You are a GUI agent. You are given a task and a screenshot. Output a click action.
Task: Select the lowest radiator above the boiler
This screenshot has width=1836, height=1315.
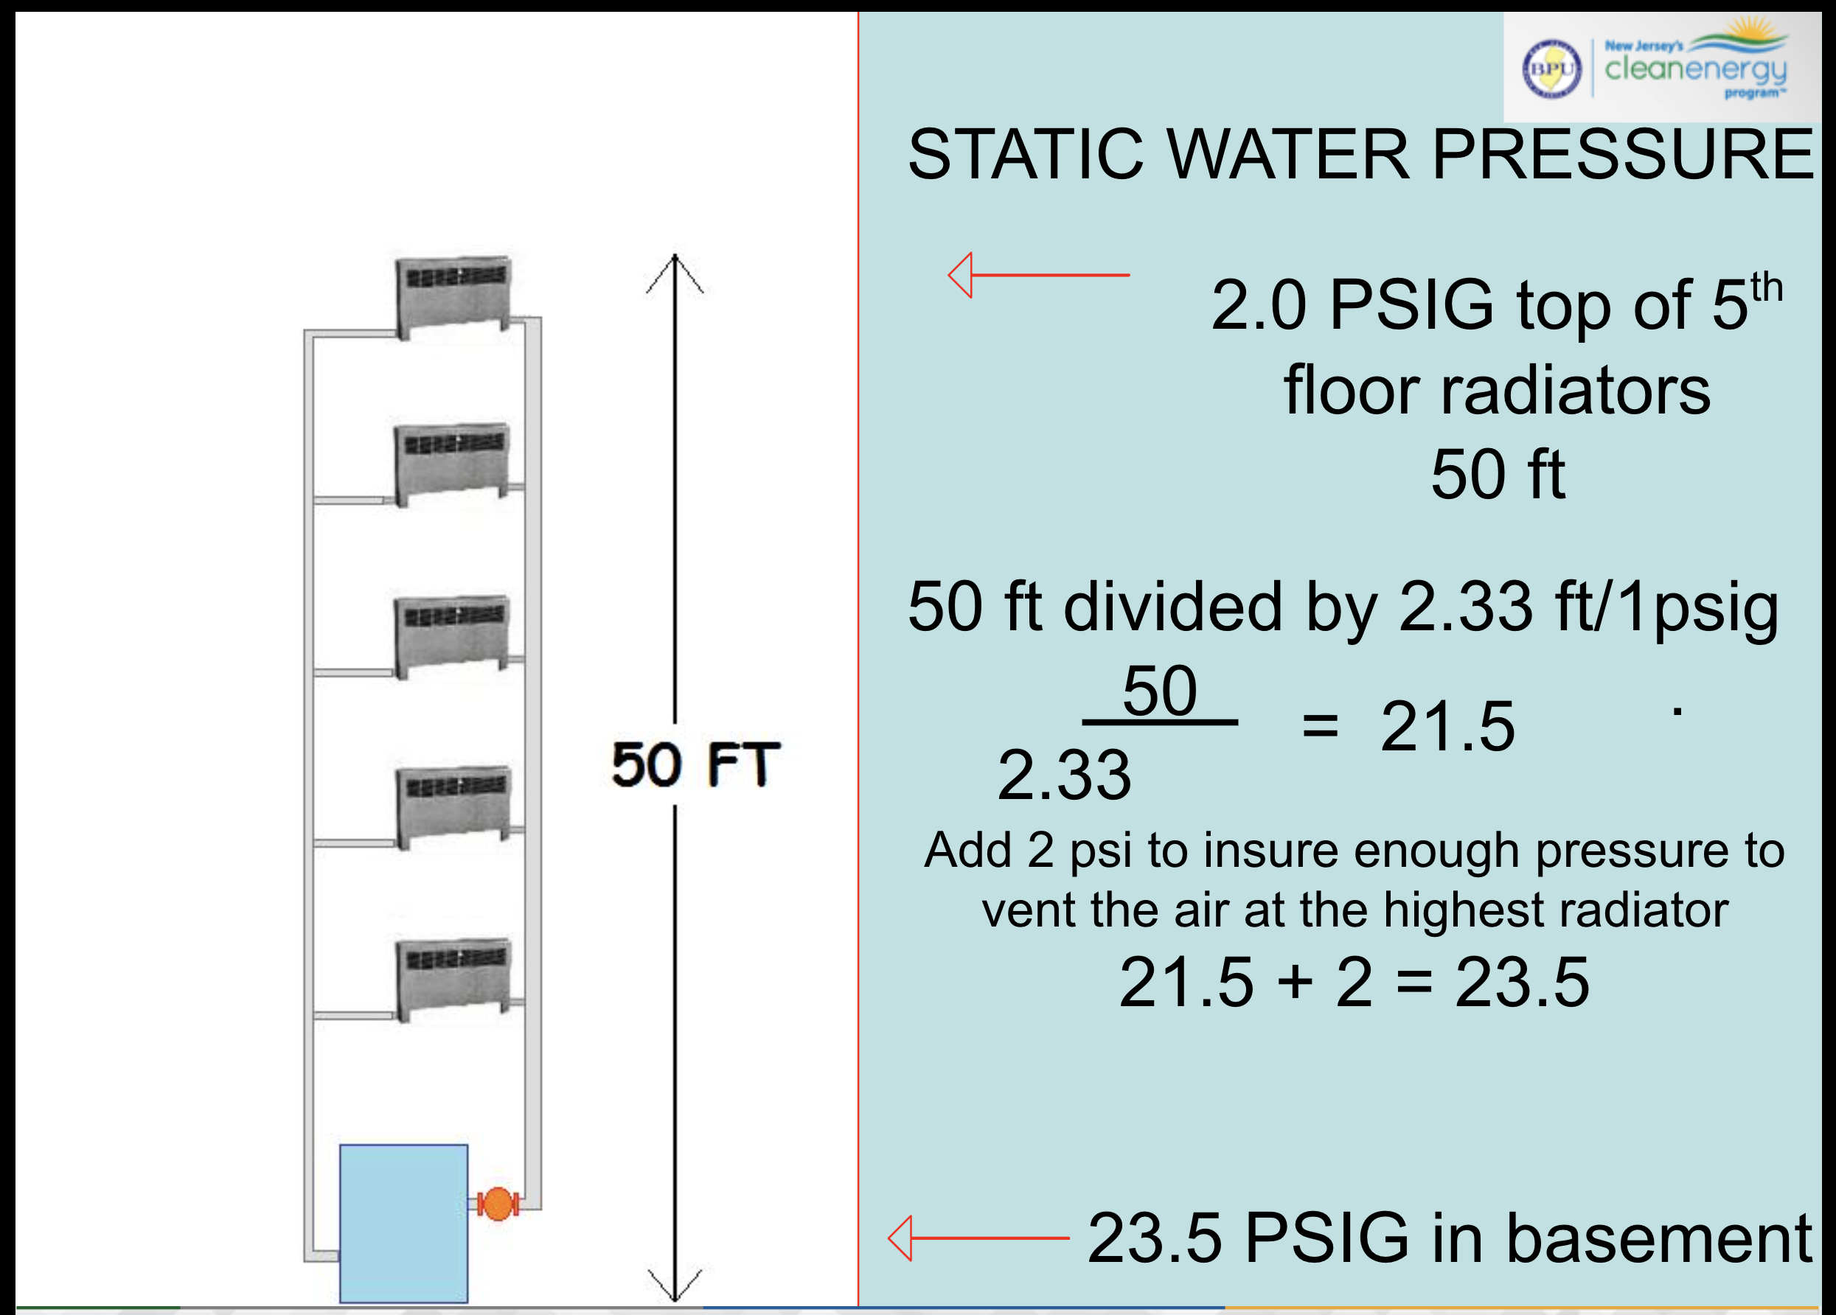(454, 979)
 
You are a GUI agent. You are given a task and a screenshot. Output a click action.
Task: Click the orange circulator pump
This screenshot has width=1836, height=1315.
(497, 1203)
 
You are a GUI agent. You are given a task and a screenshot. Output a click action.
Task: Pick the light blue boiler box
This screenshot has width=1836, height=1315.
(403, 1223)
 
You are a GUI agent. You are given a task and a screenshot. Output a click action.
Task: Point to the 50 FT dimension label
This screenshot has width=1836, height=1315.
(695, 764)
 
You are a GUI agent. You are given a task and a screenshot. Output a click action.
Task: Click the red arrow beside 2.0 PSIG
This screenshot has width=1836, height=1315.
(1039, 275)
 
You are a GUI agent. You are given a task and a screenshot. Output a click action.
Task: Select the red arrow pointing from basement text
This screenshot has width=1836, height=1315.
(978, 1238)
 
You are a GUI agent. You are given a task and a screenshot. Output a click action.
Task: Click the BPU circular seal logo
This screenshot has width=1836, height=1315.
(1551, 69)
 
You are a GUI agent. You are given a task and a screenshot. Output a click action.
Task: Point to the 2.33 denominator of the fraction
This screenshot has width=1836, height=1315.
(1064, 775)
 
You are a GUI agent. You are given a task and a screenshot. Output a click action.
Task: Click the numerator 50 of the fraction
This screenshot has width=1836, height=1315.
(1159, 691)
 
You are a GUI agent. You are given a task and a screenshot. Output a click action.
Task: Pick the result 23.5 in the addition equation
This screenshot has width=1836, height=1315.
(1522, 982)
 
